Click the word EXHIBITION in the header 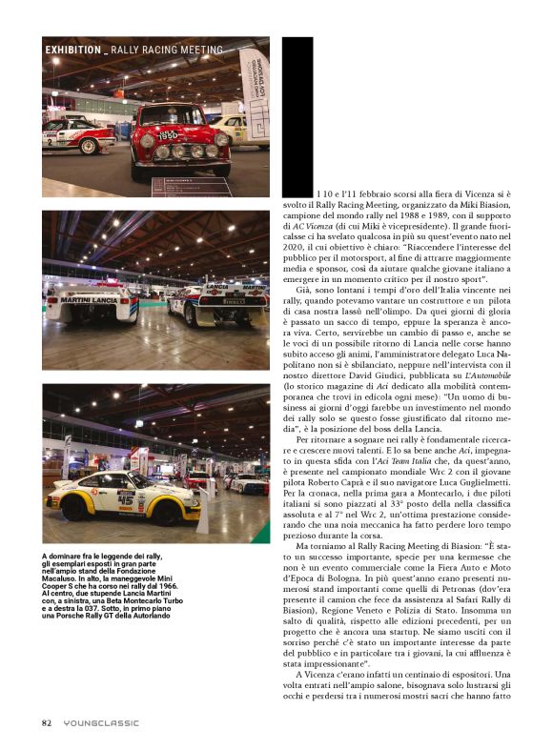pyautogui.click(x=72, y=50)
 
